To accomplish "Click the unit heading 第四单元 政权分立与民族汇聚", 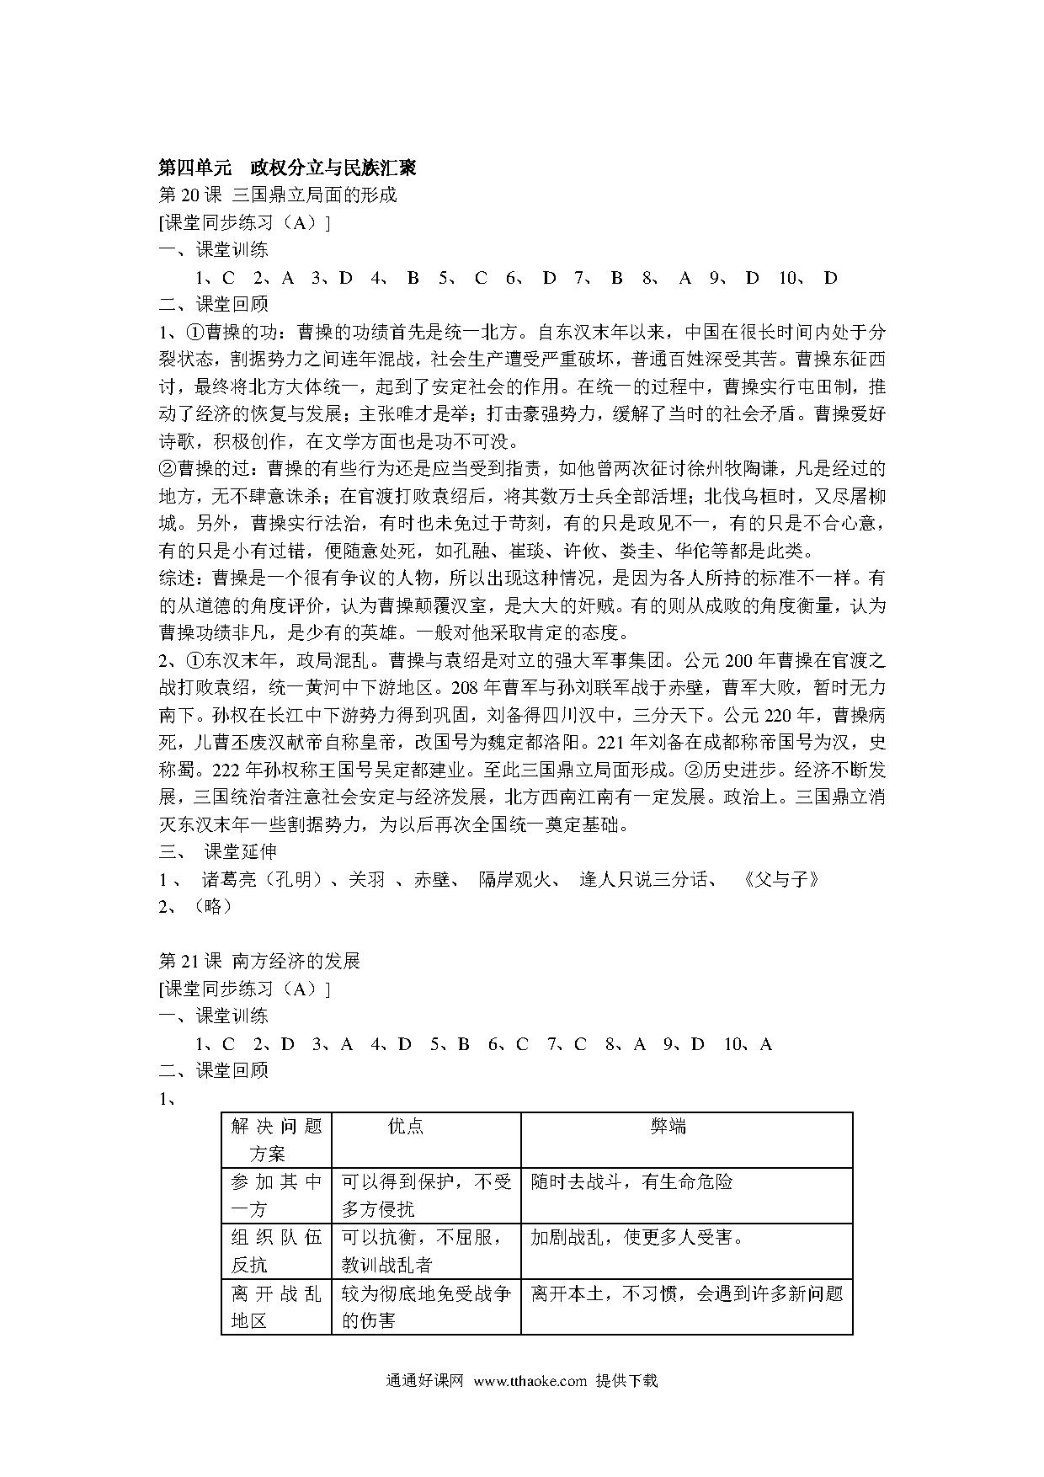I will click(x=287, y=168).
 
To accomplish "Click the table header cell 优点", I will click(x=406, y=1127).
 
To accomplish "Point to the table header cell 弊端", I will click(x=668, y=1127).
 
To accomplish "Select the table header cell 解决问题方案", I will click(x=276, y=1139).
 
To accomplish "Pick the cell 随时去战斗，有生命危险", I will click(x=631, y=1181).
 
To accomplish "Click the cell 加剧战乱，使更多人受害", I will click(x=637, y=1237).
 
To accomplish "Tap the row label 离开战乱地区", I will click(x=276, y=1306).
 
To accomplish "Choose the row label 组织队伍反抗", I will click(x=276, y=1250).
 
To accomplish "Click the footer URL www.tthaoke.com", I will click(x=530, y=1381).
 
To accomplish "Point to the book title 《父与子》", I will click(x=782, y=879).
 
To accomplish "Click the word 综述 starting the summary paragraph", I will click(x=177, y=579).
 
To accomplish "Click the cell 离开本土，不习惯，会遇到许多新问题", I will click(x=686, y=1293).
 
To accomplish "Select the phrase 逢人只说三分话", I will click(x=647, y=879).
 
